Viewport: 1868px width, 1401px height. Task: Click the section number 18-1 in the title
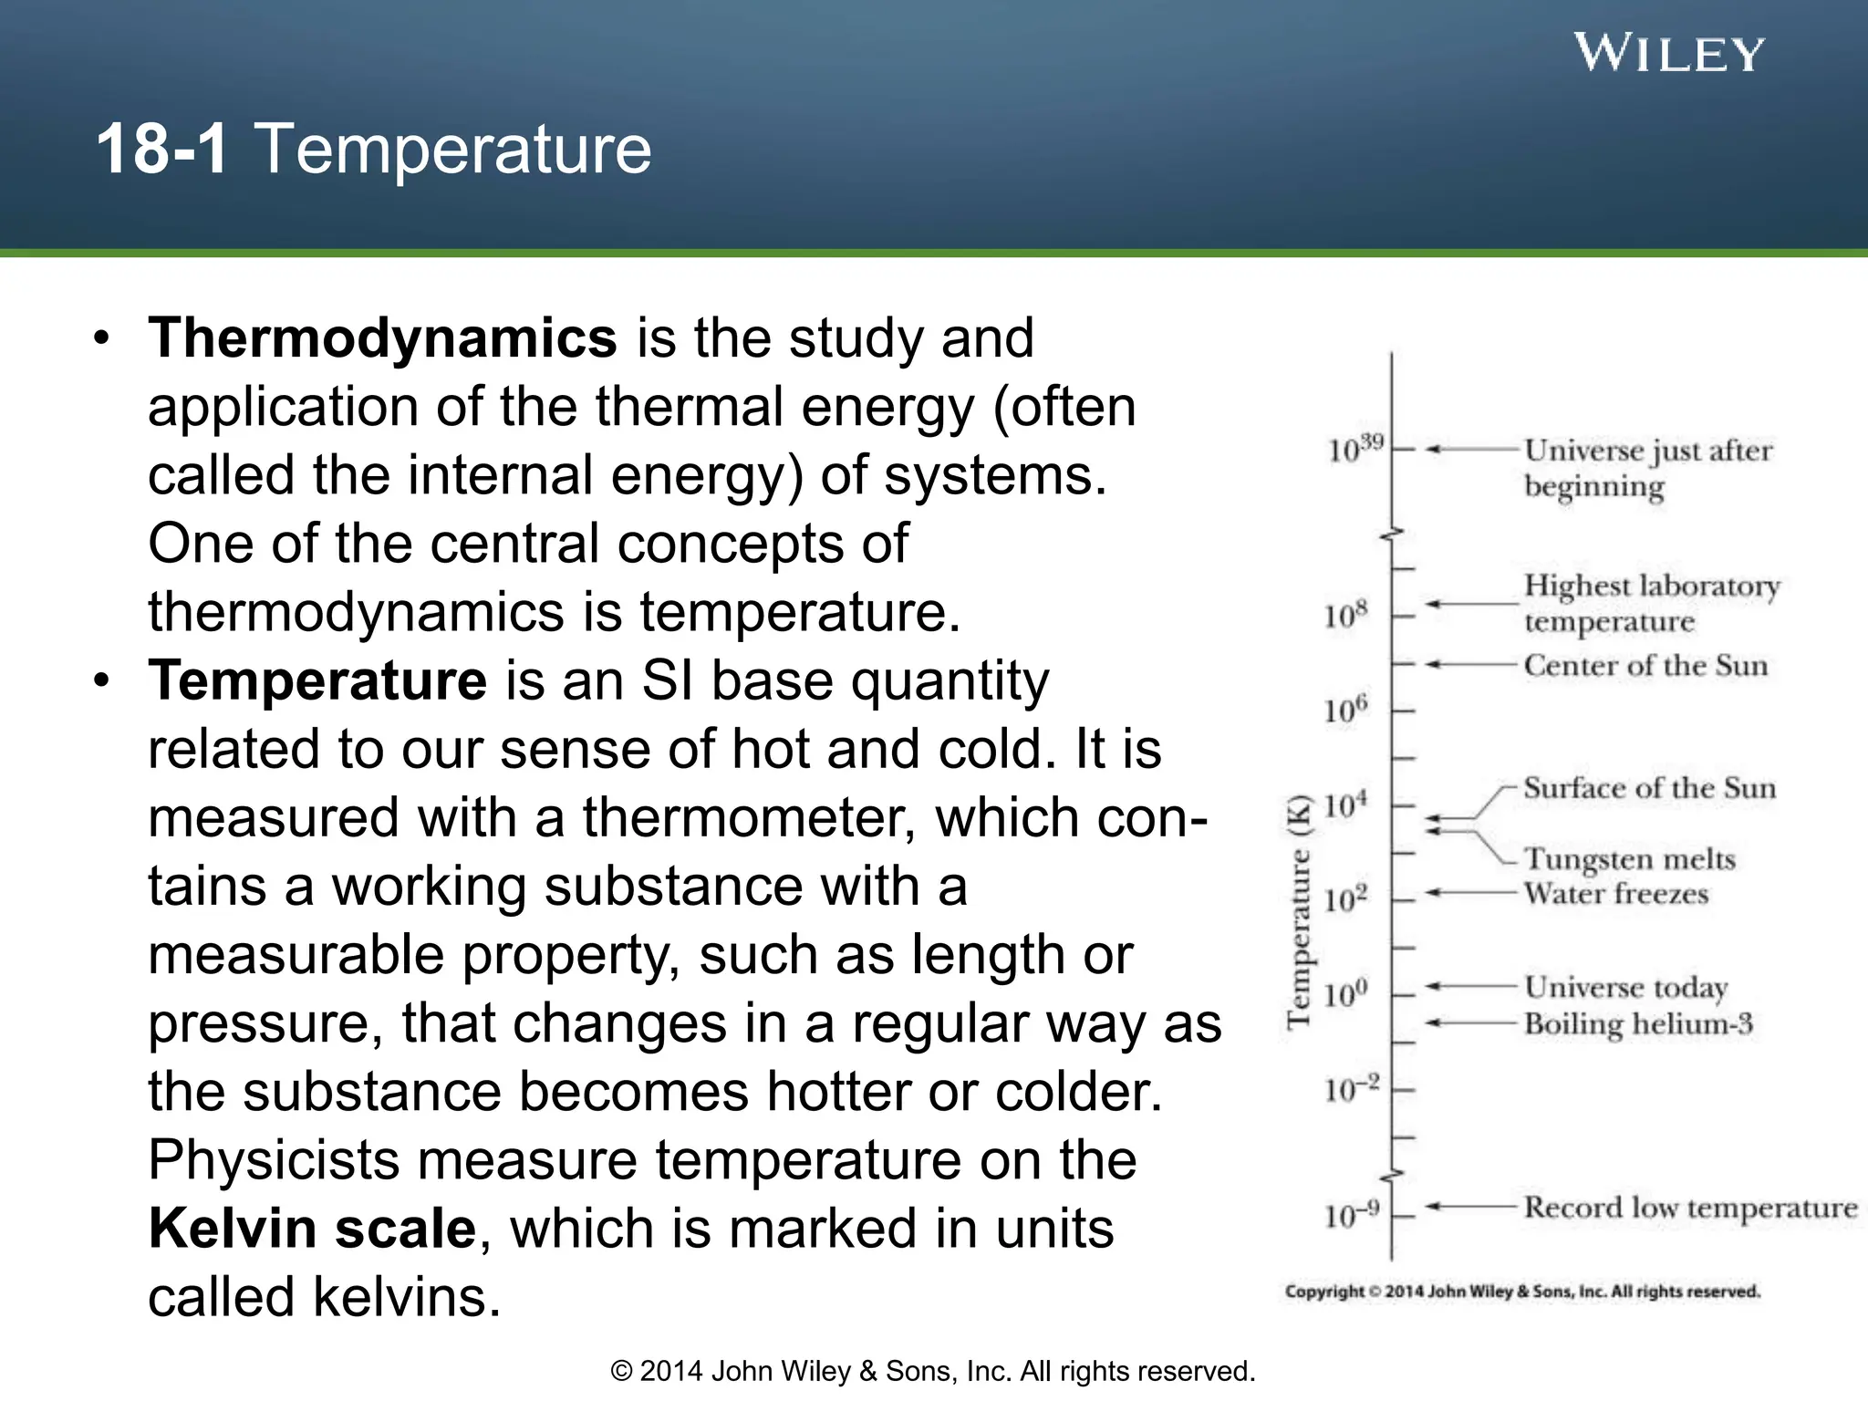(x=161, y=149)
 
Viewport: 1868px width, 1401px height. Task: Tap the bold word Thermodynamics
(x=382, y=338)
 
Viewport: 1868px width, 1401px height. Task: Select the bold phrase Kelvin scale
(x=312, y=1229)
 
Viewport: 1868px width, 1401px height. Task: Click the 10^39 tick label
(x=1354, y=449)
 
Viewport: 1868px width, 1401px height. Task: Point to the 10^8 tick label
(x=1345, y=616)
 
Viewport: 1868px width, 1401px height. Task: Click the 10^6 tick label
(x=1345, y=710)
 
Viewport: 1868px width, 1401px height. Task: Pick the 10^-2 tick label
(x=1351, y=1088)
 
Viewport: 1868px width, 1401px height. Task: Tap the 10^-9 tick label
(x=1351, y=1214)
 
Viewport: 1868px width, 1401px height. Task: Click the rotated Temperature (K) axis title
(x=1299, y=912)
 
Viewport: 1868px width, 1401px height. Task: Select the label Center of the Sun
(x=1645, y=665)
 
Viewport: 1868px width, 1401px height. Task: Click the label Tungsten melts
(x=1629, y=858)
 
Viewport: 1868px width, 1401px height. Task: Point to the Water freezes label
(x=1615, y=893)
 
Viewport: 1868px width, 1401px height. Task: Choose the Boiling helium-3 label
(x=1638, y=1023)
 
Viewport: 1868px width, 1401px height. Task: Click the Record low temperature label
(x=1690, y=1207)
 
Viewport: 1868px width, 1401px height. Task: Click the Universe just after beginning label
(x=1647, y=467)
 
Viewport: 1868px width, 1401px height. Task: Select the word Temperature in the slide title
(x=452, y=149)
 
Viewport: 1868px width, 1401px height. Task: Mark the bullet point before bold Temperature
(x=101, y=681)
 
